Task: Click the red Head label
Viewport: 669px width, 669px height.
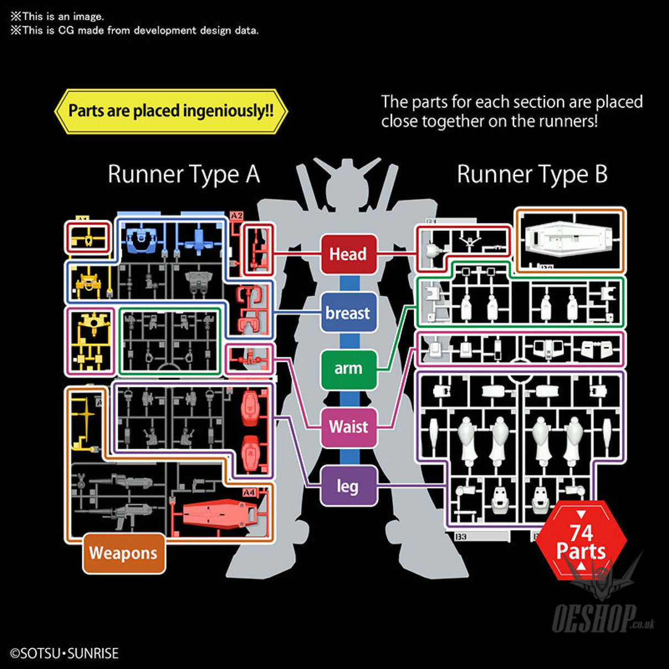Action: (x=348, y=254)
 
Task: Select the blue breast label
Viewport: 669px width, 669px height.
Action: (x=348, y=312)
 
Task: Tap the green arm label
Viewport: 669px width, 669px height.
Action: (x=348, y=368)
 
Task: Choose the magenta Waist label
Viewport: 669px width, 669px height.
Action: (x=348, y=427)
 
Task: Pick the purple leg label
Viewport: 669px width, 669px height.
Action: (x=348, y=485)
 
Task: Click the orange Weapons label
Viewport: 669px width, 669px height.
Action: (x=123, y=553)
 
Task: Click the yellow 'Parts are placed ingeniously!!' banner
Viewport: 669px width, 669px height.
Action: (x=171, y=111)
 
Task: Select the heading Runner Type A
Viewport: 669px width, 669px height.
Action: (x=184, y=174)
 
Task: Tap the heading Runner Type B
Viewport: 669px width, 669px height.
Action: (x=532, y=174)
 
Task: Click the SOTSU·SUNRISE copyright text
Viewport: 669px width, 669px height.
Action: (x=65, y=654)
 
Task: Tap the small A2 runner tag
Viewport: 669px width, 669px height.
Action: (x=236, y=215)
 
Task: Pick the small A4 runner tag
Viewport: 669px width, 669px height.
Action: (x=249, y=492)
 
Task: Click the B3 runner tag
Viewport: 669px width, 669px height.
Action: (x=461, y=537)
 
